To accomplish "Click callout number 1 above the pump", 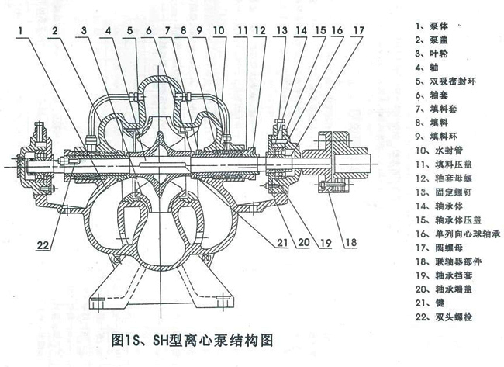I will pyautogui.click(x=26, y=31).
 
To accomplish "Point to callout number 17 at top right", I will pyautogui.click(x=357, y=31).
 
